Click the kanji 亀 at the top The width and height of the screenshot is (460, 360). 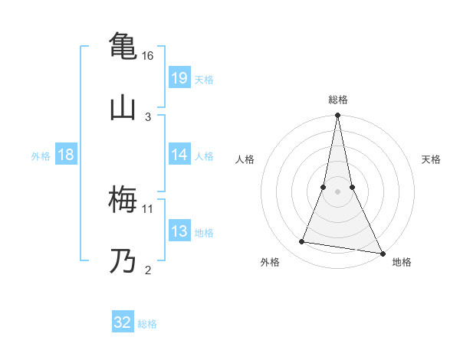coord(123,44)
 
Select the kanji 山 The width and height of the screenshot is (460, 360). coord(123,106)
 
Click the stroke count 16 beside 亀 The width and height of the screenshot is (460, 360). coord(148,56)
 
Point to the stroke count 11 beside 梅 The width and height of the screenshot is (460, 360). coord(148,208)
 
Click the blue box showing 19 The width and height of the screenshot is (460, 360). coord(179,78)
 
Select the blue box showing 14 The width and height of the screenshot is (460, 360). coord(179,155)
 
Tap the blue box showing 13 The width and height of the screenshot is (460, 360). coord(179,231)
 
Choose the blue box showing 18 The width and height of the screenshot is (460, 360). coord(66,155)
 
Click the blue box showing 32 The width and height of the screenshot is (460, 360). coord(123,322)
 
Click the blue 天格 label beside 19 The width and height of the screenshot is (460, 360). coord(204,80)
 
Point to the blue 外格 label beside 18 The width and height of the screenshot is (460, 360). coord(41,156)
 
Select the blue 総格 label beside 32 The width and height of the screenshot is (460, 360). coord(147,324)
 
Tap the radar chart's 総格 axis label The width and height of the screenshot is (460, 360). coord(337,100)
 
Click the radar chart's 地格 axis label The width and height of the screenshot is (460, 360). coord(402,262)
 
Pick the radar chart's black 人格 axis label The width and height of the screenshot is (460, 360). coord(245,159)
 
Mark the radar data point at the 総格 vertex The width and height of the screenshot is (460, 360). coord(337,116)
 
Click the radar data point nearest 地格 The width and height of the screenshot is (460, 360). coord(382,253)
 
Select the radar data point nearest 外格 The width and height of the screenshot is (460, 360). coord(302,242)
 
